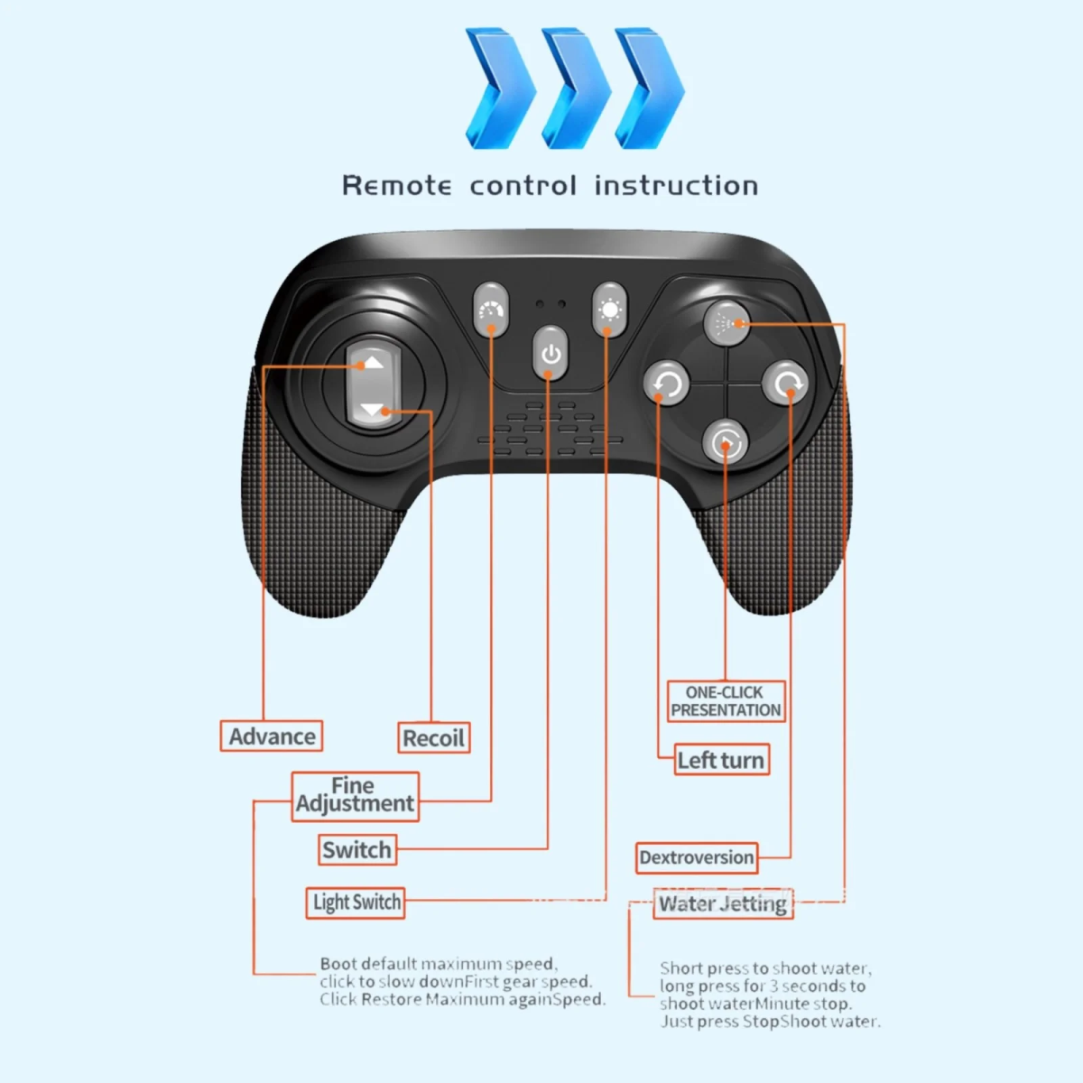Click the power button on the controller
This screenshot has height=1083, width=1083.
tap(551, 353)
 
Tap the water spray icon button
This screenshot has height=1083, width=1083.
tap(726, 323)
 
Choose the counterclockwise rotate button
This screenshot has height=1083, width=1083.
tap(667, 384)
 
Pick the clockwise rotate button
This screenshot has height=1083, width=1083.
tap(785, 384)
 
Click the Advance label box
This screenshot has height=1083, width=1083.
tap(272, 736)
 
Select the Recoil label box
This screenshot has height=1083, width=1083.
tap(433, 738)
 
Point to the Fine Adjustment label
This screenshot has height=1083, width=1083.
tap(355, 795)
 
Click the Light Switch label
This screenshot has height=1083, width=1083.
tap(356, 902)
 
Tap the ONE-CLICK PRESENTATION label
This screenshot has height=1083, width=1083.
tap(726, 701)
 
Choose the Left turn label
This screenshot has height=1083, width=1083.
tap(720, 760)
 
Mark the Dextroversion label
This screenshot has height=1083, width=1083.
tap(696, 857)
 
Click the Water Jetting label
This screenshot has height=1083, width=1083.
tap(723, 903)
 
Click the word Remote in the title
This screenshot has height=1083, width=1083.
tap(397, 186)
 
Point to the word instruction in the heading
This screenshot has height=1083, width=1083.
tap(676, 186)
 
